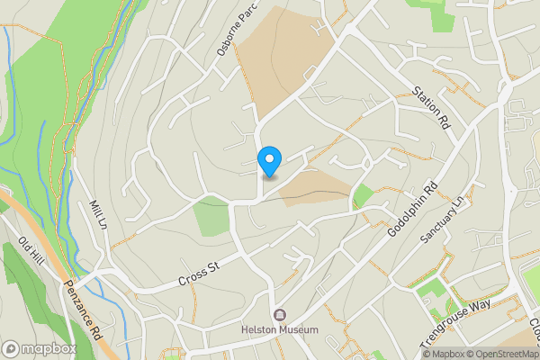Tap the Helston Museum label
pyautogui.click(x=280, y=330)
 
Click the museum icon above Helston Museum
pyautogui.click(x=280, y=315)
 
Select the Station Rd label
pyautogui.click(x=431, y=108)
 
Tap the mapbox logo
pyautogui.click(x=40, y=348)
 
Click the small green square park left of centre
pyautogui.click(x=212, y=216)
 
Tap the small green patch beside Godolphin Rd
pyautogui.click(x=363, y=194)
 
